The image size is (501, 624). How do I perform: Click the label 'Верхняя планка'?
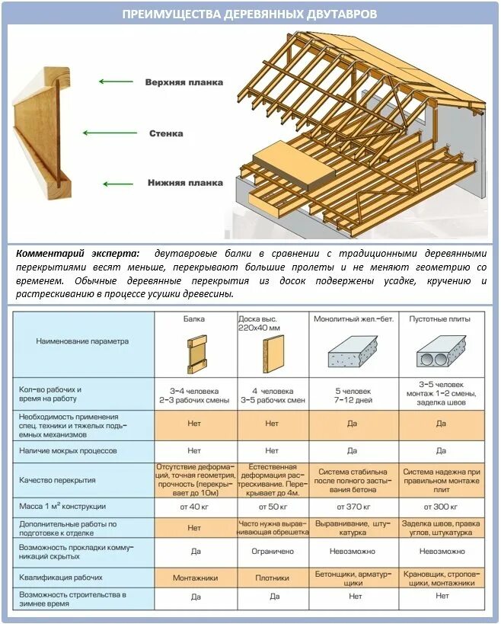click(183, 82)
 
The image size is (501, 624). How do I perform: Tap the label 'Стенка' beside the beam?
click(166, 133)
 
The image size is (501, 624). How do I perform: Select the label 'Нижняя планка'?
click(185, 183)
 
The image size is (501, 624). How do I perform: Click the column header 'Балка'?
click(196, 318)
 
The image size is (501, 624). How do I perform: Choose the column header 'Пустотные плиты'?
click(440, 318)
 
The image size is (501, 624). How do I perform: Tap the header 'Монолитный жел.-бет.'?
click(353, 318)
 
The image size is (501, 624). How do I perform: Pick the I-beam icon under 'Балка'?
click(196, 353)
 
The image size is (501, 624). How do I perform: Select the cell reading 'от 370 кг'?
click(353, 507)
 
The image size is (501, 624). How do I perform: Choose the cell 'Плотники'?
click(273, 578)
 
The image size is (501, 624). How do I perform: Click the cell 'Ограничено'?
click(273, 551)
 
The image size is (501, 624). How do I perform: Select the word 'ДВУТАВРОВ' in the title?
click(337, 14)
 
